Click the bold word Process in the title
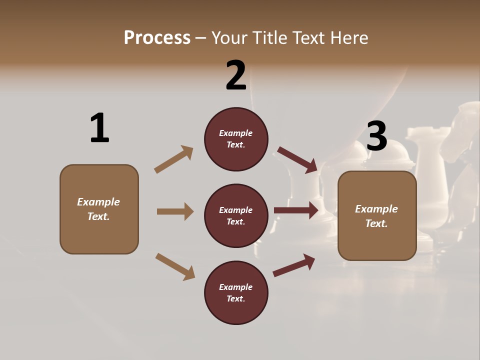(x=157, y=38)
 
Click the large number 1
(x=99, y=128)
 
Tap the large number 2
(x=236, y=76)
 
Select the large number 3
(x=376, y=136)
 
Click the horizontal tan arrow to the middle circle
(x=175, y=211)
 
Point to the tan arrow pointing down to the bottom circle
(x=175, y=266)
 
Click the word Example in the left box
(x=98, y=202)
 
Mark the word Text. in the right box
(x=376, y=223)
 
